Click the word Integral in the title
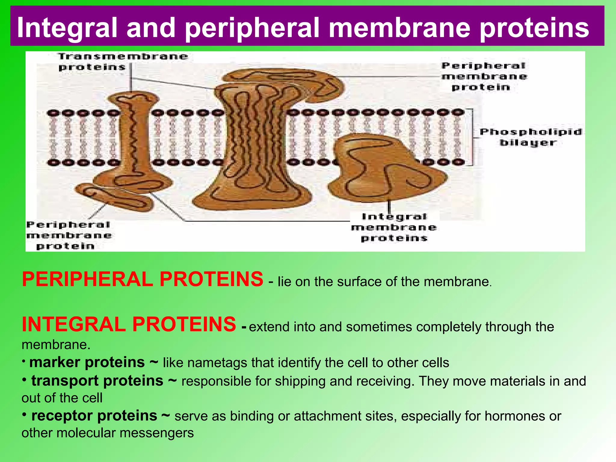[x=66, y=28]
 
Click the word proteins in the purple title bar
[x=534, y=28]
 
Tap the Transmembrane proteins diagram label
[x=123, y=61]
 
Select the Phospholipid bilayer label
[x=530, y=137]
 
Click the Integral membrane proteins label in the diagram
[x=394, y=227]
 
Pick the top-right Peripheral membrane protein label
[x=484, y=76]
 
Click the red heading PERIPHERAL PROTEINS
[x=142, y=279]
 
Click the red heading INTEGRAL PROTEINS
[x=129, y=325]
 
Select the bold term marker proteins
[x=87, y=362]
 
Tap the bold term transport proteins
[x=97, y=381]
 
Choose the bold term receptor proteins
[x=94, y=416]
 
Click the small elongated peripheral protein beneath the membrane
[x=116, y=197]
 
